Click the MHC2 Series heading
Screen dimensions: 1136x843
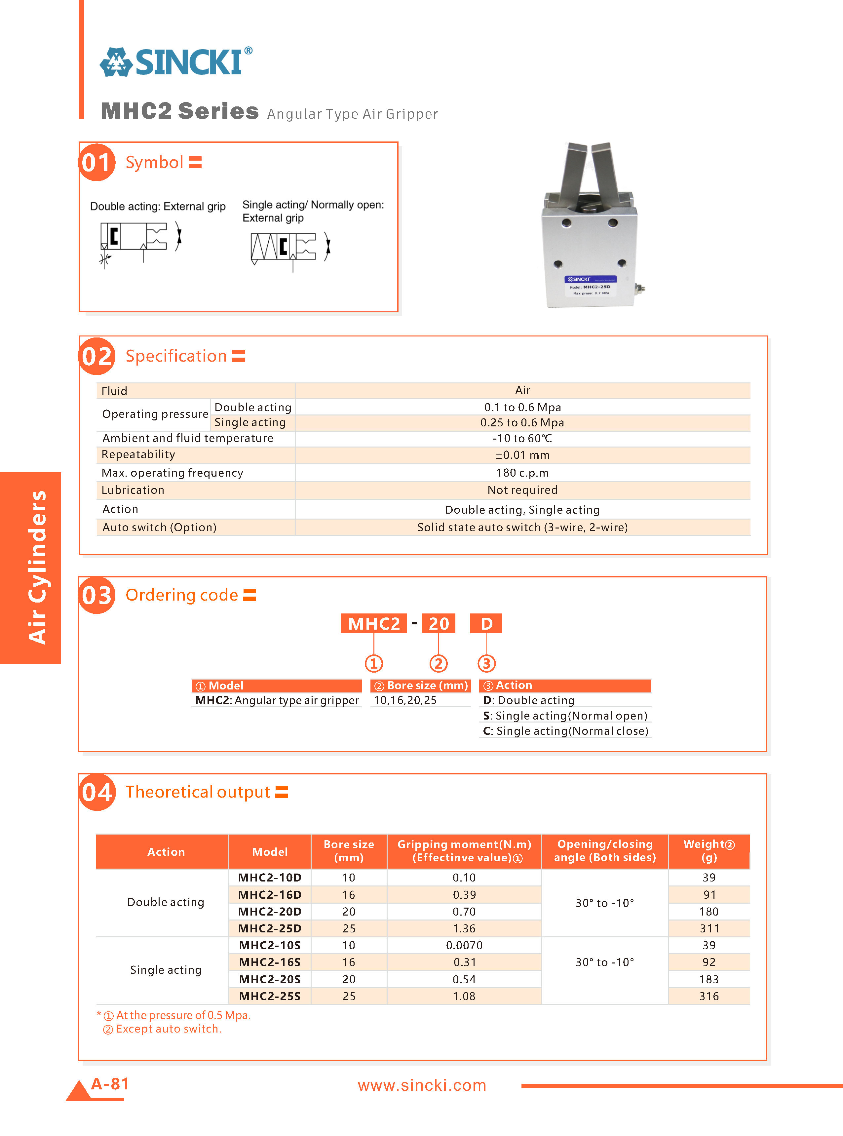[x=180, y=111]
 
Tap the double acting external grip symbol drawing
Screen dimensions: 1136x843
[x=140, y=241]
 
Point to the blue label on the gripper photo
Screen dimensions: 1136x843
[x=591, y=280]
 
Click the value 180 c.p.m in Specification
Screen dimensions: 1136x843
[x=522, y=473]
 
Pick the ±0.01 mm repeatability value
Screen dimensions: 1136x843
[x=522, y=455]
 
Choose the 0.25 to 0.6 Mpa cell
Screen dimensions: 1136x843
[x=522, y=422]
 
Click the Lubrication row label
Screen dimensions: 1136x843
[x=133, y=490]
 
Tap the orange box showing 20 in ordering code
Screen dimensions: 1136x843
[x=438, y=624]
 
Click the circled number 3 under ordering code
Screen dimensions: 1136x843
[x=486, y=663]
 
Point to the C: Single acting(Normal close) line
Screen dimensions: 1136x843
[x=565, y=731]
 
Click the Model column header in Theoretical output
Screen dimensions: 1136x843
[x=270, y=852]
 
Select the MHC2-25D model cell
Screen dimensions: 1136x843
[x=270, y=928]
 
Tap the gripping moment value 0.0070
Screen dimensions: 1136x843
[x=464, y=945]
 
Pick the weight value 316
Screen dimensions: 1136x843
[x=709, y=996]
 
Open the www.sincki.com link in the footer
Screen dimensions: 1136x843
[x=422, y=1085]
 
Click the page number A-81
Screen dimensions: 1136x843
[x=110, y=1083]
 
